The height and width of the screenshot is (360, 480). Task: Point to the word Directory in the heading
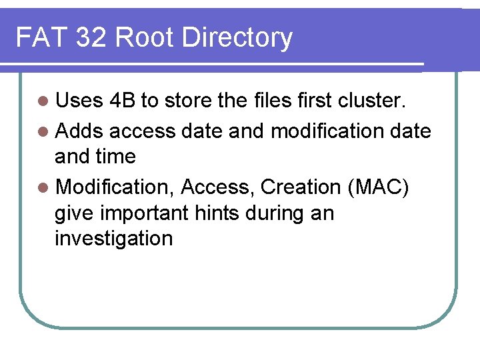237,39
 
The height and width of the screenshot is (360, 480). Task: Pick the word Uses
79,101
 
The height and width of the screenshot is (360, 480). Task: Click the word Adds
79,131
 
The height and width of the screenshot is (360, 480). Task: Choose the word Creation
301,187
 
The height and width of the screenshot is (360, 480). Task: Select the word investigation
113,239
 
